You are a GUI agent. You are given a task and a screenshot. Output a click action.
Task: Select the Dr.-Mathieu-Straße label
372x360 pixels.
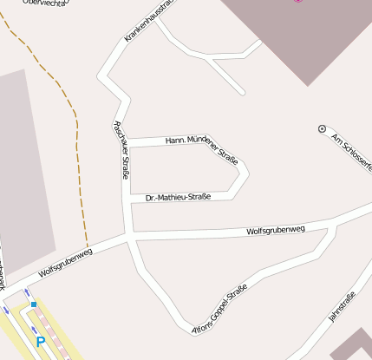179,197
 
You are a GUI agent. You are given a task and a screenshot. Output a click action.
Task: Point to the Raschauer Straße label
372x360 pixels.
121,149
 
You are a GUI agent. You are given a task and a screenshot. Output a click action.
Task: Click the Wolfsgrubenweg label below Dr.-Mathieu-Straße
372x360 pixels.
276,231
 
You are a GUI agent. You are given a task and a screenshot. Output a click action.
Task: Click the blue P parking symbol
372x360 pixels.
40,343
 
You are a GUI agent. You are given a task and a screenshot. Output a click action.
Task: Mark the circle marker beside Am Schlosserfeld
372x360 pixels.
323,128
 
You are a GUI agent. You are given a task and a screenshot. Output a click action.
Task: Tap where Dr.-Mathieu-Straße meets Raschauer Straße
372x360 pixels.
127,200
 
